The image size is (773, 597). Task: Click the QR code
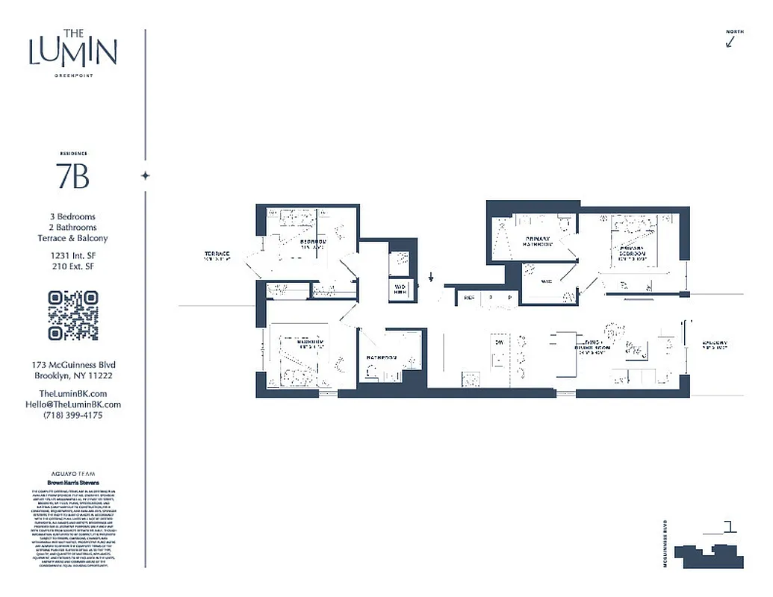click(x=72, y=316)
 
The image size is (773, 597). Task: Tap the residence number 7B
click(x=72, y=177)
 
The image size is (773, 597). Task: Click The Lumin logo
click(x=72, y=51)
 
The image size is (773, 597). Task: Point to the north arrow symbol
click(x=730, y=41)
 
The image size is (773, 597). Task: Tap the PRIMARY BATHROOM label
click(x=537, y=241)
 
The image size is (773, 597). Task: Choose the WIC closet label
click(x=546, y=281)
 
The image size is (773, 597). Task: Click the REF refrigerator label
click(x=469, y=297)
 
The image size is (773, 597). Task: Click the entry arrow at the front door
click(x=431, y=280)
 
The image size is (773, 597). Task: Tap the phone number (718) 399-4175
click(x=72, y=415)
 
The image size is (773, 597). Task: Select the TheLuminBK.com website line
click(x=72, y=394)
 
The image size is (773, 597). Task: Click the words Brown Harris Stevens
click(x=72, y=483)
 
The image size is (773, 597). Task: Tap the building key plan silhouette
click(x=709, y=554)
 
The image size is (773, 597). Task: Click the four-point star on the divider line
click(x=146, y=176)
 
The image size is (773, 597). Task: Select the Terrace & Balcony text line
click(x=72, y=238)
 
